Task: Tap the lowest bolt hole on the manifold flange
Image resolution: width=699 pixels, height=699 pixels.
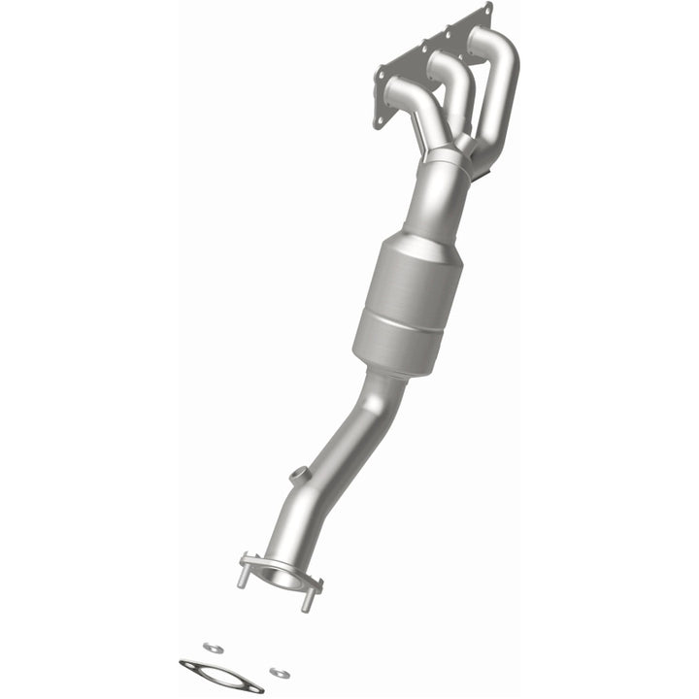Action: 379,122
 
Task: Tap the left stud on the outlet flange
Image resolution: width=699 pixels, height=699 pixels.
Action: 241,575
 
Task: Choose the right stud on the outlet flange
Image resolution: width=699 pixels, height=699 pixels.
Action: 309,598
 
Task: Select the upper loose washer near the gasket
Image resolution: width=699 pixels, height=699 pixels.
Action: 211,645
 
